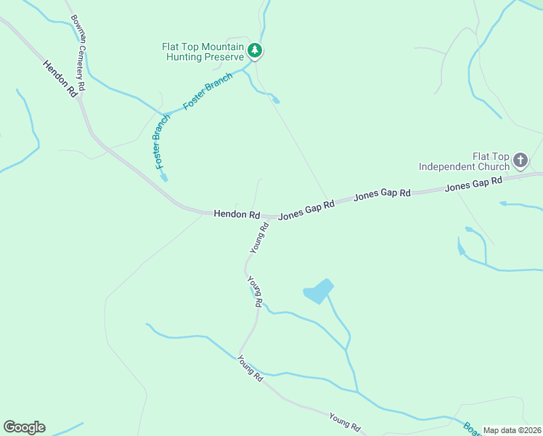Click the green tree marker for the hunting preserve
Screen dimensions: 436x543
[x=255, y=50]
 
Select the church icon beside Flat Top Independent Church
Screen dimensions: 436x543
[x=520, y=160]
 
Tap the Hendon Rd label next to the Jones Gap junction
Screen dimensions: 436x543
[x=237, y=214]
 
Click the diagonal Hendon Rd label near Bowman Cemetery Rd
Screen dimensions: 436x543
[x=60, y=79]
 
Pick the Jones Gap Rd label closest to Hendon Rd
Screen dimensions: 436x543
[x=306, y=211]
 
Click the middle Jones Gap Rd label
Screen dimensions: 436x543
[x=382, y=196]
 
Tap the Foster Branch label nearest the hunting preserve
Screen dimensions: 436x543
[x=208, y=91]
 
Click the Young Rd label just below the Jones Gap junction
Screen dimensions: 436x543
[x=259, y=238]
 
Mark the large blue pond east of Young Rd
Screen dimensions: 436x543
[x=318, y=291]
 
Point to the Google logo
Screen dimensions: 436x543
[x=24, y=427]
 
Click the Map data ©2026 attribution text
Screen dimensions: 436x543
[x=512, y=430]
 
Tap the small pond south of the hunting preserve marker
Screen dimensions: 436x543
[x=275, y=100]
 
